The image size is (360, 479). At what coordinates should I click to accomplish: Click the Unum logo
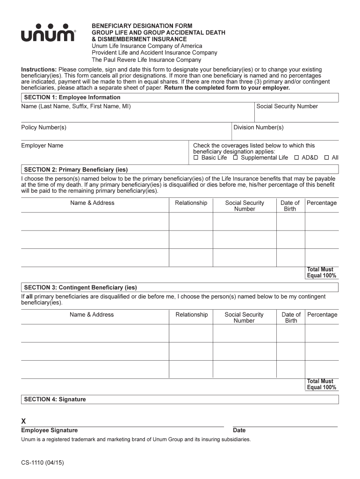point(47,34)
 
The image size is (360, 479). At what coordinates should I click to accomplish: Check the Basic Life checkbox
point(196,158)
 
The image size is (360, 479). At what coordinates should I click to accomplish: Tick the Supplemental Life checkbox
point(236,158)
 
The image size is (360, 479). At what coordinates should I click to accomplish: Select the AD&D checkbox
point(296,158)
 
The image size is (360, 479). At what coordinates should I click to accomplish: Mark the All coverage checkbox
point(326,158)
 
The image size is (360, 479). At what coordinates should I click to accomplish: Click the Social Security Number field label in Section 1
point(287,106)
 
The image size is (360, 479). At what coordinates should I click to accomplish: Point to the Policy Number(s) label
point(43,127)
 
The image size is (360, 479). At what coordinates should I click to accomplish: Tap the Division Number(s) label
point(258,127)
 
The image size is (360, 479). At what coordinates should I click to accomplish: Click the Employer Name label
point(42,145)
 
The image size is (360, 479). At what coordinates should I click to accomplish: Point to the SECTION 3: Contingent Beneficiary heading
point(80,287)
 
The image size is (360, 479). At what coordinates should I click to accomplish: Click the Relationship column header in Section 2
point(191,203)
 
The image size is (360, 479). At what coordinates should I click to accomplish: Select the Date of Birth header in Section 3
point(291,318)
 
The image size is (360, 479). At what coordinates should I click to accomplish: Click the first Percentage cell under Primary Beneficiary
point(322,221)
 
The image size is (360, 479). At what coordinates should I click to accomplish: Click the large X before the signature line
point(24,421)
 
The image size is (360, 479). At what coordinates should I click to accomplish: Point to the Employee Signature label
point(49,430)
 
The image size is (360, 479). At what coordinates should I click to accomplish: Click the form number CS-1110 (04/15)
point(42,463)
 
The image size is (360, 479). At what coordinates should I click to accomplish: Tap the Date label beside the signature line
point(239,430)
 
